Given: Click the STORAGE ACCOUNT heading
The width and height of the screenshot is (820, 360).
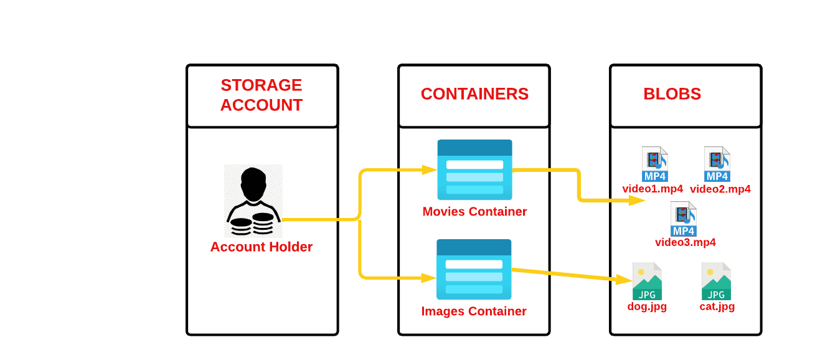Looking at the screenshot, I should tap(262, 95).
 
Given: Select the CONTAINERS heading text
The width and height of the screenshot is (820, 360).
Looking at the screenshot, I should tap(474, 94).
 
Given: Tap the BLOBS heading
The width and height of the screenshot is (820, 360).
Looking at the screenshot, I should tap(672, 94).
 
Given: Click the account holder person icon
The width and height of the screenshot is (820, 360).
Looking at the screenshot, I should tap(253, 201).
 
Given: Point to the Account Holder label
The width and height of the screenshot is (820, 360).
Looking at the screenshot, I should tap(262, 247).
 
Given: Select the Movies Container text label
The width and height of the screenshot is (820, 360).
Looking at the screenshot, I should tap(474, 212).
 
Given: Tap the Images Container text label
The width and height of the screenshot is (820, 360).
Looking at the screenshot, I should tap(474, 311).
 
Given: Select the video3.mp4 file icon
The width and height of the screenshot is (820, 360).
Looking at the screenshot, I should tap(683, 219).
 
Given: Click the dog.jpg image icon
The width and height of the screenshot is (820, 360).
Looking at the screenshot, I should tap(647, 282).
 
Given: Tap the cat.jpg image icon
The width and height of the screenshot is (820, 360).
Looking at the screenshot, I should tap(716, 282).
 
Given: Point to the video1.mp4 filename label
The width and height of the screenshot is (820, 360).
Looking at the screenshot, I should tap(653, 189).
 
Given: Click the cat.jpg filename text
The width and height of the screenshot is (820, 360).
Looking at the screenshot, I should tap(717, 306).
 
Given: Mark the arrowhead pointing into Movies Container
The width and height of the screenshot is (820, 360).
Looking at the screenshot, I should tap(429, 169).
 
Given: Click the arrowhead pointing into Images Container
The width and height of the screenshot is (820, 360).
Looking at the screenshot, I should tap(429, 278).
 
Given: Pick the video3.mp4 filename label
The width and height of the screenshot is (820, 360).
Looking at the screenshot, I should tap(685, 242).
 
